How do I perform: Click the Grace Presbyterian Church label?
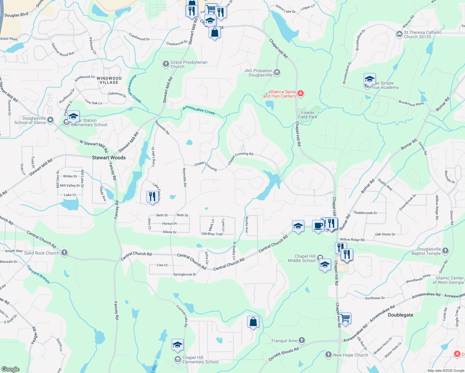(x=189, y=64)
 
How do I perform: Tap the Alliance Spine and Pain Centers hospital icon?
(x=300, y=93)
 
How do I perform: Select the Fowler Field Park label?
(x=308, y=115)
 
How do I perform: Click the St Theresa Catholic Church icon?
(x=399, y=34)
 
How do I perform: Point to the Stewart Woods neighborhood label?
(x=109, y=158)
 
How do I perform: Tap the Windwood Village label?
(x=109, y=81)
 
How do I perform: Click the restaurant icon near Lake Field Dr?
(x=152, y=196)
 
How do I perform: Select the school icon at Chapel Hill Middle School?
(x=325, y=264)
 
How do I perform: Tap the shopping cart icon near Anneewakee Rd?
(x=345, y=318)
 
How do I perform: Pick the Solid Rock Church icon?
(x=64, y=252)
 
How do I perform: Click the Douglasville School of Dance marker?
(x=50, y=120)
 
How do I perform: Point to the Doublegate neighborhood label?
(x=400, y=315)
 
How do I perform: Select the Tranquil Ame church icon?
(x=302, y=340)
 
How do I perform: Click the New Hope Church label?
(x=350, y=355)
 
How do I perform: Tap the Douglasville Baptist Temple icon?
(x=445, y=251)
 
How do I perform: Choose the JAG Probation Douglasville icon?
(x=277, y=73)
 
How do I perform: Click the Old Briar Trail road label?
(x=212, y=234)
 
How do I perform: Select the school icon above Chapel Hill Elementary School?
(x=177, y=344)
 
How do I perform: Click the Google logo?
(x=11, y=369)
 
